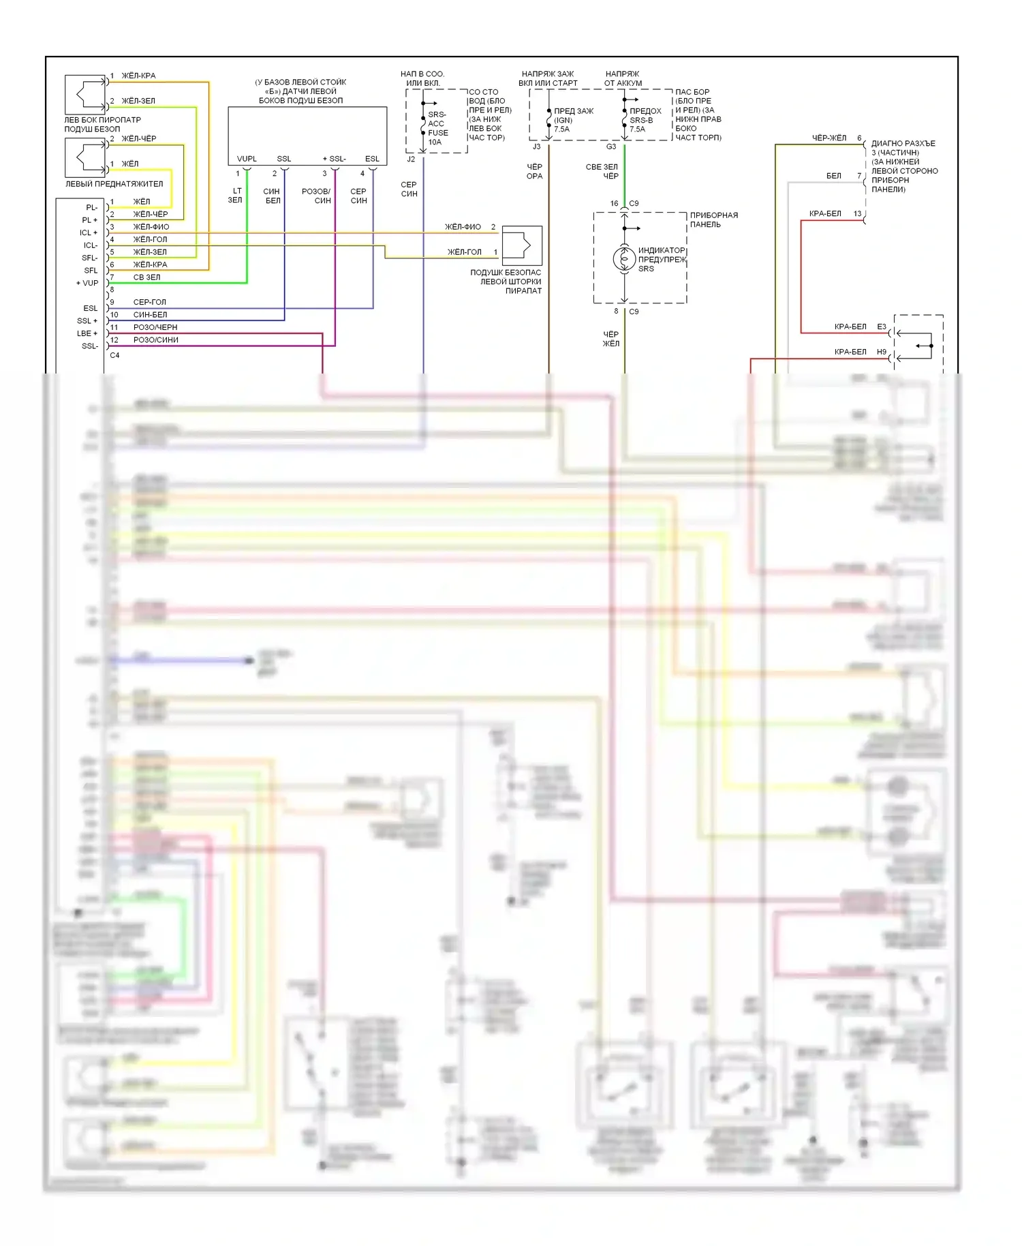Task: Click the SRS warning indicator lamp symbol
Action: pyautogui.click(x=624, y=259)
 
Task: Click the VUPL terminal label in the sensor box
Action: pyautogui.click(x=247, y=159)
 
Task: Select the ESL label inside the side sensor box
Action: pyautogui.click(x=372, y=159)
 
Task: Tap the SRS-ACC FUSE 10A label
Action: pyautogui.click(x=437, y=128)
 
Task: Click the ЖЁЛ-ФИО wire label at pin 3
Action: pyautogui.click(x=151, y=227)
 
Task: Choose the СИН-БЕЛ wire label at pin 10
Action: pyautogui.click(x=150, y=315)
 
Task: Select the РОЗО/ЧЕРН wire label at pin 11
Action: pyautogui.click(x=155, y=327)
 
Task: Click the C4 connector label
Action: pyautogui.click(x=114, y=355)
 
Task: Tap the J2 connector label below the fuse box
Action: pyautogui.click(x=411, y=159)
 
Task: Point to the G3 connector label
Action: pyautogui.click(x=611, y=147)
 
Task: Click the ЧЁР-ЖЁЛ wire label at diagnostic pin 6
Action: pyautogui.click(x=829, y=138)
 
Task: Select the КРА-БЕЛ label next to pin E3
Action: pyautogui.click(x=850, y=327)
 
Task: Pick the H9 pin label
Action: pyautogui.click(x=882, y=352)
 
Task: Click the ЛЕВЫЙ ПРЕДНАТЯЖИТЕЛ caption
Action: pyautogui.click(x=114, y=184)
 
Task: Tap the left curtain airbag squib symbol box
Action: pyautogui.click(x=522, y=245)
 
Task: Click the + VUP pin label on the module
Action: pyautogui.click(x=87, y=283)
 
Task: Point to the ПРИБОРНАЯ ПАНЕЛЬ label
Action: pyautogui.click(x=713, y=219)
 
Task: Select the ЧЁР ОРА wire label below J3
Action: pyautogui.click(x=534, y=171)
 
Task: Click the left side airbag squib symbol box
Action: pyautogui.click(x=85, y=95)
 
